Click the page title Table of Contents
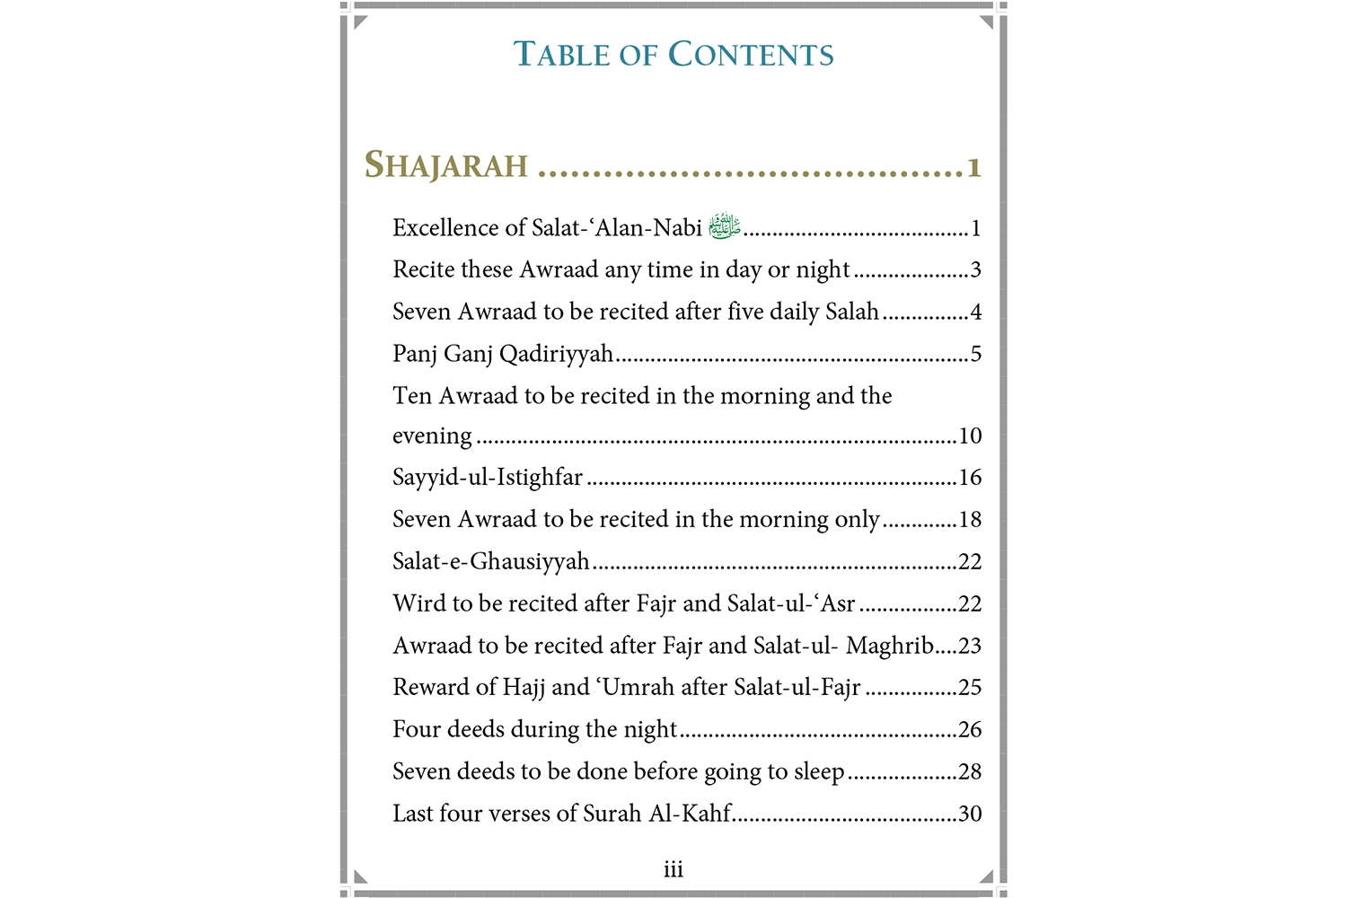click(x=673, y=55)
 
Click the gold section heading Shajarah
click(x=446, y=165)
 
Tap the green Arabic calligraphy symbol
click(x=724, y=226)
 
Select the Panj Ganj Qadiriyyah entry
click(x=503, y=354)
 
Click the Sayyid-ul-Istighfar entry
click(x=488, y=477)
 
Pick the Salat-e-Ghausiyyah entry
click(x=491, y=561)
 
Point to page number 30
click(x=970, y=814)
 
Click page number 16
click(x=970, y=477)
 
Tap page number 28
click(x=970, y=771)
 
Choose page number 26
click(x=970, y=729)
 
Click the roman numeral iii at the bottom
click(x=673, y=869)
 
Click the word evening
click(x=432, y=436)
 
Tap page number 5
click(x=976, y=354)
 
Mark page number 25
click(x=970, y=687)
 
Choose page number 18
click(x=970, y=519)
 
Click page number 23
click(x=970, y=646)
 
